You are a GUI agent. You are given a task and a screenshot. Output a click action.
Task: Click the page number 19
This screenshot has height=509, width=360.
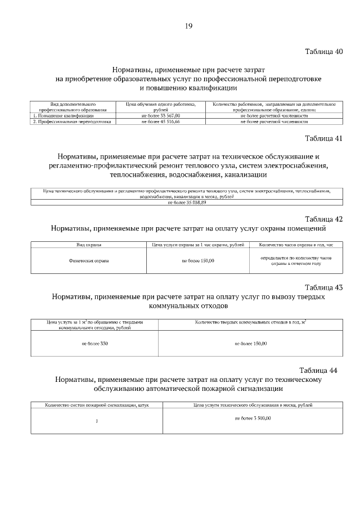pos(188,25)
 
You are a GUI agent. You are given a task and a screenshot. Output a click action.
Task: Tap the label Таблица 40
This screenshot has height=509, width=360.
pos(323,51)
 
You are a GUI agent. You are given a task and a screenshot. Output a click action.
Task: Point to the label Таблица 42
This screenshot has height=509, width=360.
pos(323,219)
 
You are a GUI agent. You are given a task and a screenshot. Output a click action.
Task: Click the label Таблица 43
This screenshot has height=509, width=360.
pos(323,287)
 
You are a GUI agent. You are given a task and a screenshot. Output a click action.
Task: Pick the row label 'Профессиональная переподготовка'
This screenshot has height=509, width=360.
pos(71,121)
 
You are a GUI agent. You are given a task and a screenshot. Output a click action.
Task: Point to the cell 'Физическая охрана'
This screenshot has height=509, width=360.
pos(88,261)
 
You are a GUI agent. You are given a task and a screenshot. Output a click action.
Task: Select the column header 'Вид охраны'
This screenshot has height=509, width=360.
pos(88,245)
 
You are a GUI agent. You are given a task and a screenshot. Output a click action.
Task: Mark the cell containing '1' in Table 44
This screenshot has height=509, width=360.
pos(97,422)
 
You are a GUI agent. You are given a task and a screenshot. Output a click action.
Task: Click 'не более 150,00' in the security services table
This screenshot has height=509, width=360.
pos(197,261)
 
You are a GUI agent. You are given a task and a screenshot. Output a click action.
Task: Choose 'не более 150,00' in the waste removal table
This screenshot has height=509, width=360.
pos(250,343)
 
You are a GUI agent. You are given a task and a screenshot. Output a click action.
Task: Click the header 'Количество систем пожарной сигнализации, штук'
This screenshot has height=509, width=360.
pos(97,405)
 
